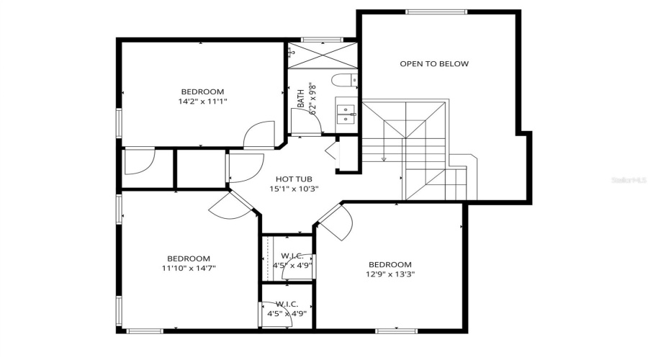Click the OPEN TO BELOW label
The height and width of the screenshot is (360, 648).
pyautogui.click(x=434, y=63)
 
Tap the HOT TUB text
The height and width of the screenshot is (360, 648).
pyautogui.click(x=294, y=179)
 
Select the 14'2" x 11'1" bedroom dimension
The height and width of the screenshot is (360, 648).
pyautogui.click(x=202, y=102)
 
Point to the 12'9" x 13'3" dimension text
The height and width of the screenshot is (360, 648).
pyautogui.click(x=391, y=274)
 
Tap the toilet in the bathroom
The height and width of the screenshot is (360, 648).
pyautogui.click(x=343, y=79)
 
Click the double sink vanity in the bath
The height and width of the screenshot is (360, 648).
pyautogui.click(x=346, y=113)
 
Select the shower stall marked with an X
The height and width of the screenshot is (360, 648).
pyautogui.click(x=322, y=55)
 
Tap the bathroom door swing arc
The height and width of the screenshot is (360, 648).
pyautogui.click(x=305, y=120)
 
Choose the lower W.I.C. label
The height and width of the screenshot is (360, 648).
pyautogui.click(x=287, y=304)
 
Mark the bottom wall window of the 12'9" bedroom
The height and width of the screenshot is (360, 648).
pyautogui.click(x=396, y=330)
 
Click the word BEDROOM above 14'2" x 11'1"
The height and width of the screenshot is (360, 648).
pyautogui.click(x=202, y=91)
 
